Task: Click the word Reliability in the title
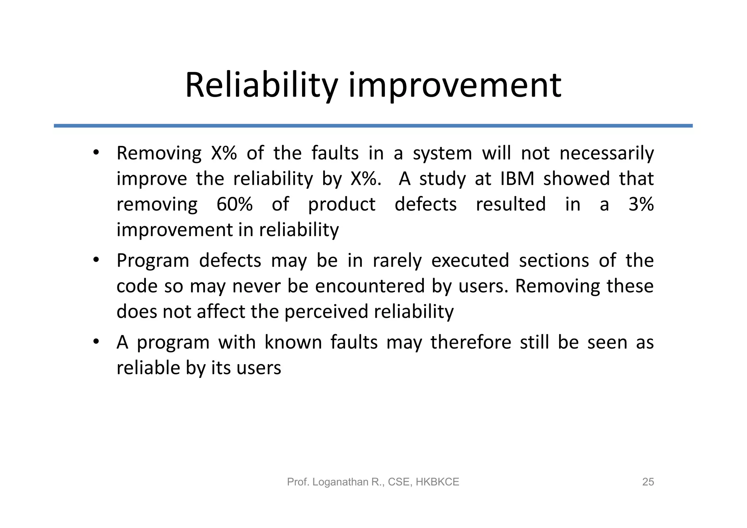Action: (x=261, y=86)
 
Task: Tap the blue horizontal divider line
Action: (x=373, y=126)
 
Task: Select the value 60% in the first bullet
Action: (x=235, y=204)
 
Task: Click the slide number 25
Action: (x=648, y=482)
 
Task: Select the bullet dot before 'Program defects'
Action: (x=96, y=260)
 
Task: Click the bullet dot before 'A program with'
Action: (x=96, y=342)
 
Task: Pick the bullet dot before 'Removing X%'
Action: (x=96, y=153)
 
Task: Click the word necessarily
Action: (x=606, y=153)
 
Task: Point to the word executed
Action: (x=470, y=261)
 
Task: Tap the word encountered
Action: (x=369, y=286)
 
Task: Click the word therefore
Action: (x=471, y=342)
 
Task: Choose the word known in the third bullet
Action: (x=293, y=342)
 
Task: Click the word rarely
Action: (x=397, y=261)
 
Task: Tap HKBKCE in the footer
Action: (x=437, y=482)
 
